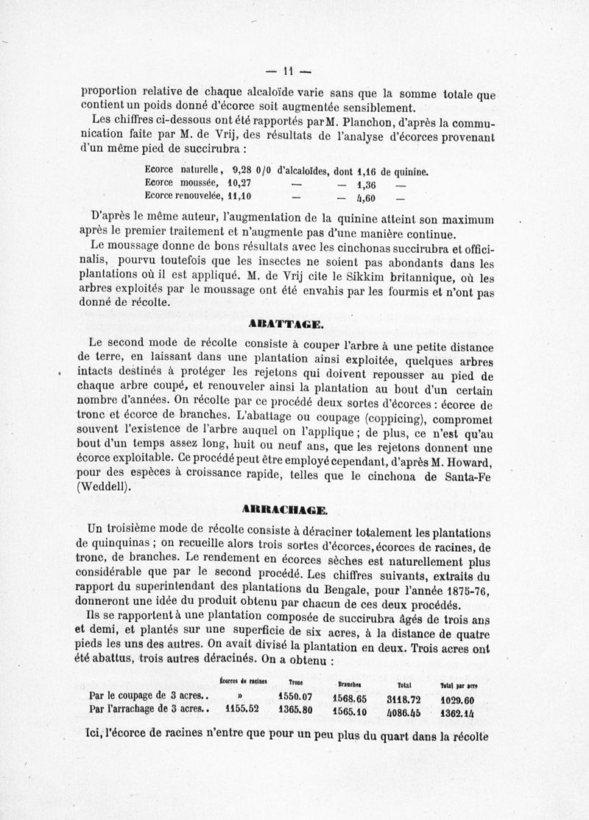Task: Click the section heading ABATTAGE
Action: pos(285,323)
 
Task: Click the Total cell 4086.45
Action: pos(403,711)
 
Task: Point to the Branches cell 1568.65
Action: pos(350,697)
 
